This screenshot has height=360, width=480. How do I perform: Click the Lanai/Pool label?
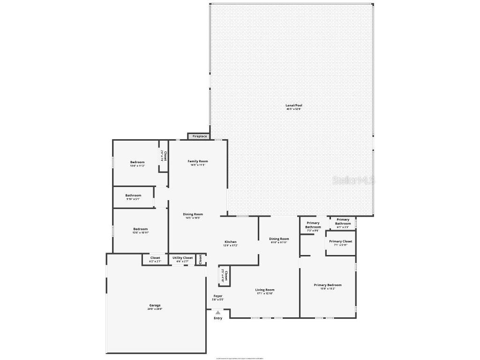(294, 105)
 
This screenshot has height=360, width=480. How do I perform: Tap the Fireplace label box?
(200, 136)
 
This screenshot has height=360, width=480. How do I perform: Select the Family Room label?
(198, 161)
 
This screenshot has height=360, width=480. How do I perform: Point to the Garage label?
(155, 305)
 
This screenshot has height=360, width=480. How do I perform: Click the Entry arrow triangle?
(217, 313)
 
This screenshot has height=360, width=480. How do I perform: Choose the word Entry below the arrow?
(218, 319)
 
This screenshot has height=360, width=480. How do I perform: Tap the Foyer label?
(218, 296)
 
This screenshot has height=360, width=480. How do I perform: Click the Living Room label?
(265, 290)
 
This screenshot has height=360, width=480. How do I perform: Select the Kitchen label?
(230, 242)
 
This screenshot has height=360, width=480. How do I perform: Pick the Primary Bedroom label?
(328, 285)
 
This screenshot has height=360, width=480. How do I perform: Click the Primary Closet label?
(341, 241)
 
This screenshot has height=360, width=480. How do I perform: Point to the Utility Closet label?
(182, 258)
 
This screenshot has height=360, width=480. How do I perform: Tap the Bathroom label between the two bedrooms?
(133, 195)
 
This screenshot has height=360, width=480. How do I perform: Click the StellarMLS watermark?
(354, 180)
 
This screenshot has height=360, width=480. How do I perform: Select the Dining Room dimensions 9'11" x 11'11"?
(279, 242)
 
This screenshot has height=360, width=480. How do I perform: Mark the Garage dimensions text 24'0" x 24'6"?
(155, 309)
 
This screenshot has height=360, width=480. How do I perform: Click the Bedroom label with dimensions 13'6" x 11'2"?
(137, 162)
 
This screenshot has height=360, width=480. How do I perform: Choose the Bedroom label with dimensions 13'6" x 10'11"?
(140, 229)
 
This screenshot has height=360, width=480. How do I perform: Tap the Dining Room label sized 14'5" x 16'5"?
(193, 214)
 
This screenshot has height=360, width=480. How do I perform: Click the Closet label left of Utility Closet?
(155, 258)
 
